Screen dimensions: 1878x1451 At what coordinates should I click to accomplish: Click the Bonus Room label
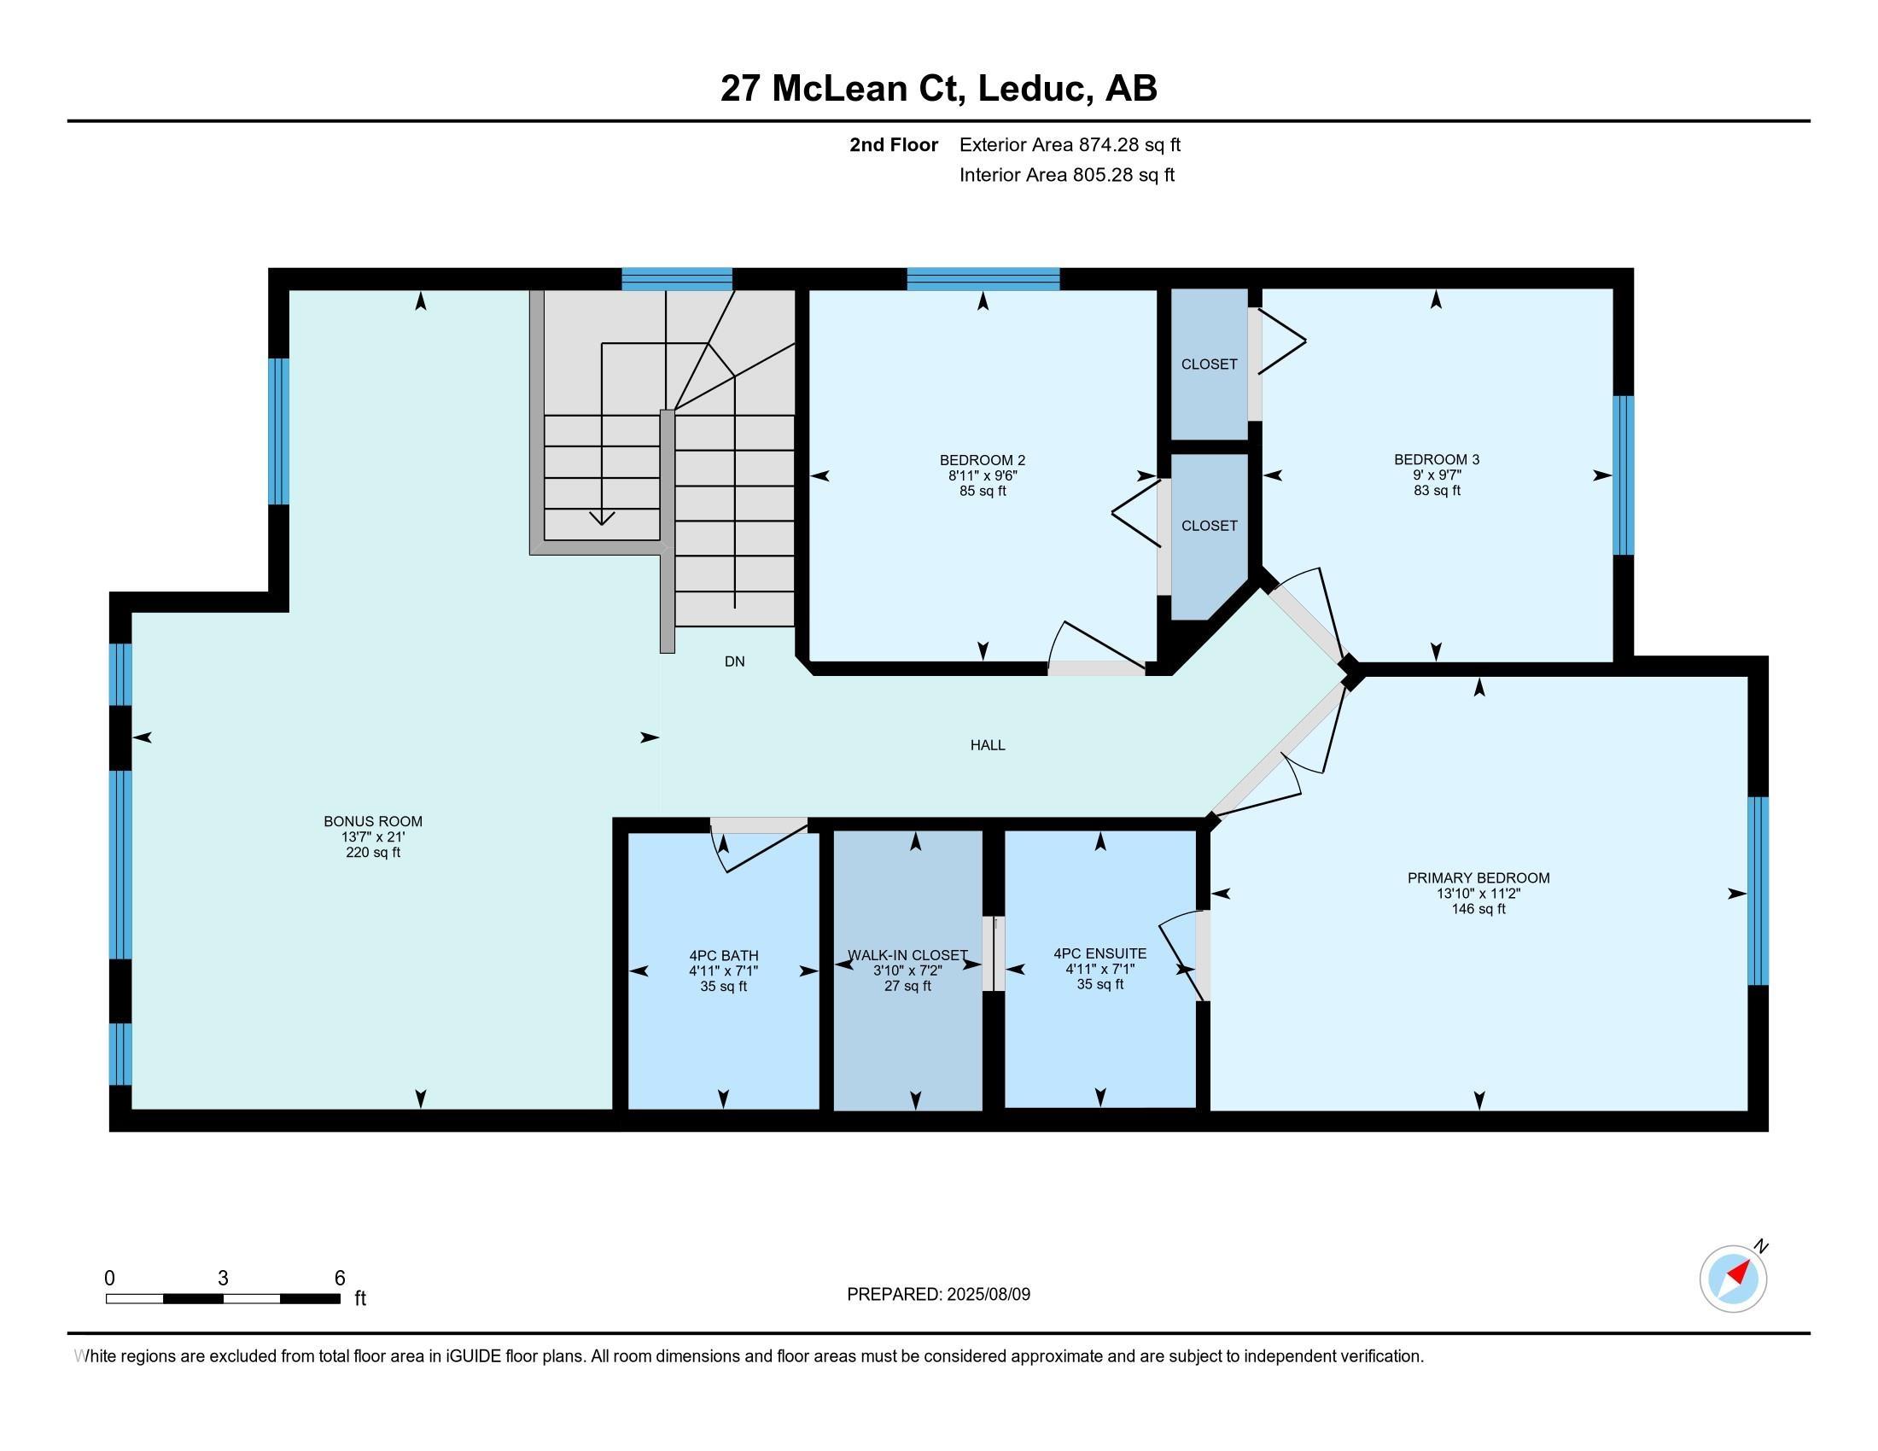pyautogui.click(x=373, y=821)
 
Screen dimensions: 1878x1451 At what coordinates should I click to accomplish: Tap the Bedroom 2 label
pyautogui.click(x=983, y=460)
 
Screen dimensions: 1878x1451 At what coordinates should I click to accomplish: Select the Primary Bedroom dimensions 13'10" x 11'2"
pyautogui.click(x=1478, y=893)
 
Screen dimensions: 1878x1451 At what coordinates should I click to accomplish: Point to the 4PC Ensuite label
pyautogui.click(x=1099, y=953)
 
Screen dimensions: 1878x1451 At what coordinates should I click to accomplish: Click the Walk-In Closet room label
pyautogui.click(x=908, y=956)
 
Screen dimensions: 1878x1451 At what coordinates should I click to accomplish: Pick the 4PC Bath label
pyautogui.click(x=724, y=956)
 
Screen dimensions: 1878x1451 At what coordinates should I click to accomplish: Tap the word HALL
pyautogui.click(x=988, y=745)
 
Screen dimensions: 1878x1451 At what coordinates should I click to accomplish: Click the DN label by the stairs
pyautogui.click(x=734, y=661)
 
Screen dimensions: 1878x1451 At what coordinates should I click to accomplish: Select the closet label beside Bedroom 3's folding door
pyautogui.click(x=1209, y=364)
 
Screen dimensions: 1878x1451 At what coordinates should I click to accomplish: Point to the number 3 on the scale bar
pyautogui.click(x=224, y=1279)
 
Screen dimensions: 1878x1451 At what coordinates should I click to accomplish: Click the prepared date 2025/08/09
pyautogui.click(x=987, y=1294)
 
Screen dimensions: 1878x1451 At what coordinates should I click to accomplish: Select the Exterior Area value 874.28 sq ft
pyautogui.click(x=1130, y=145)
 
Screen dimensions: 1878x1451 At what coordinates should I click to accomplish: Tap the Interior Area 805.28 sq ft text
pyautogui.click(x=1067, y=175)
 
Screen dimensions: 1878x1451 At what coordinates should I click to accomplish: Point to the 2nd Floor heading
pyautogui.click(x=894, y=145)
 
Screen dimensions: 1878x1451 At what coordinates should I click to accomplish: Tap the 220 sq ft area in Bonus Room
pyautogui.click(x=373, y=853)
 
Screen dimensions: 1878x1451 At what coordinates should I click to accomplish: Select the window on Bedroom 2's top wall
pyautogui.click(x=983, y=279)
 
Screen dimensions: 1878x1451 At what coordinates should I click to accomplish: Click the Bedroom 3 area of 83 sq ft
pyautogui.click(x=1437, y=491)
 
